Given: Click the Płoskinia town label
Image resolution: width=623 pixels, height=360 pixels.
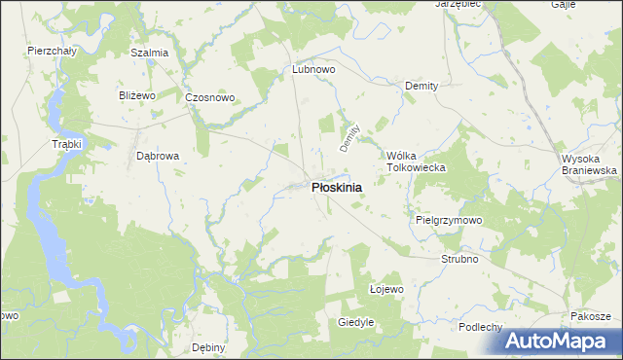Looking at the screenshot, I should click(x=337, y=188).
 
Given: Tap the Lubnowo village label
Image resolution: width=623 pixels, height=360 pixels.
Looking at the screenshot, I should click(x=314, y=70).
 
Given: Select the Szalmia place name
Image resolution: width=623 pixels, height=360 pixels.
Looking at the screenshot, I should click(x=150, y=53).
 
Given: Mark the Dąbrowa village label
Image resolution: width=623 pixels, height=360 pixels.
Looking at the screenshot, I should click(x=158, y=155).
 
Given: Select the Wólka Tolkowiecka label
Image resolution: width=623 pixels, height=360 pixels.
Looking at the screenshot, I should click(x=416, y=162).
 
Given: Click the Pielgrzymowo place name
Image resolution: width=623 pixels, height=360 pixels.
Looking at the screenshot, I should click(x=449, y=221).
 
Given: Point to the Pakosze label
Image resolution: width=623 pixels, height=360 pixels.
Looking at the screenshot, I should click(x=591, y=317).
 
